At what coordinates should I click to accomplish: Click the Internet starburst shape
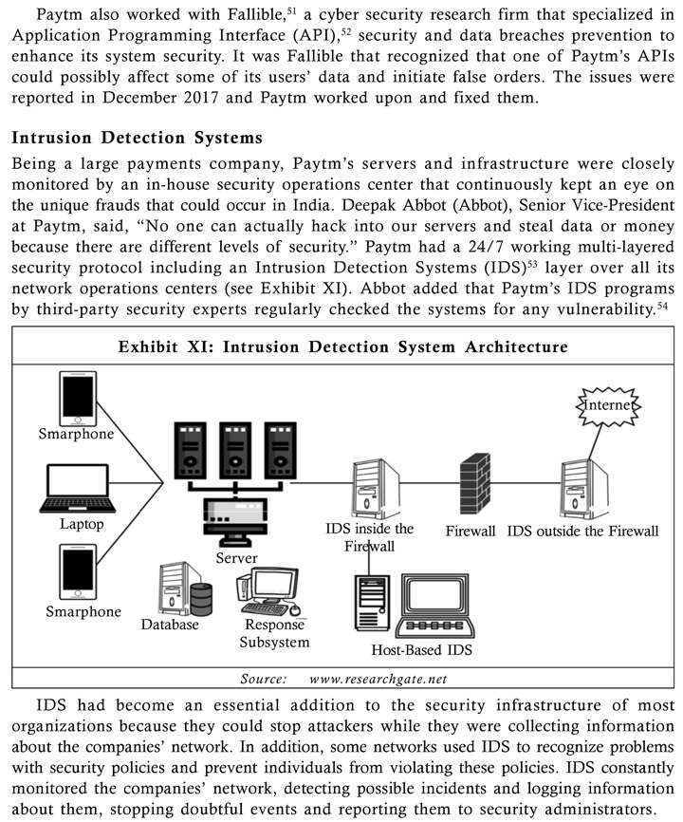pyautogui.click(x=608, y=405)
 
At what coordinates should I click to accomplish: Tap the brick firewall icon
pyautogui.click(x=475, y=483)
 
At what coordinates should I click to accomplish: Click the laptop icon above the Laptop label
pyautogui.click(x=78, y=488)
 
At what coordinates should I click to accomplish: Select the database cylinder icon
pyautogui.click(x=201, y=599)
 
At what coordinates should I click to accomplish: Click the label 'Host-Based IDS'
pyautogui.click(x=421, y=650)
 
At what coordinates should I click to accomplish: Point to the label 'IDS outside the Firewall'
pyautogui.click(x=582, y=531)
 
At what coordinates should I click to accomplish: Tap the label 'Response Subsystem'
pyautogui.click(x=274, y=633)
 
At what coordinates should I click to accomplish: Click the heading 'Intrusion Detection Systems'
pyautogui.click(x=137, y=138)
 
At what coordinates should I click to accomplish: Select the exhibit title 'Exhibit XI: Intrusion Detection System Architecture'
pyautogui.click(x=343, y=347)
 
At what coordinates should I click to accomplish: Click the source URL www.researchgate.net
pyautogui.click(x=378, y=680)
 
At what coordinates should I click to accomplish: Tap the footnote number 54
pyautogui.click(x=662, y=305)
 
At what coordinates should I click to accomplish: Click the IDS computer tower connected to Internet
pyautogui.click(x=584, y=489)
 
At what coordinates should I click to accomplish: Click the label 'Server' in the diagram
pyautogui.click(x=236, y=558)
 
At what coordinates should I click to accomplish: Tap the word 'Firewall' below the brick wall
pyautogui.click(x=471, y=531)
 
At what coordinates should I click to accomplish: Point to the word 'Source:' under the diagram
pyautogui.click(x=264, y=680)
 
